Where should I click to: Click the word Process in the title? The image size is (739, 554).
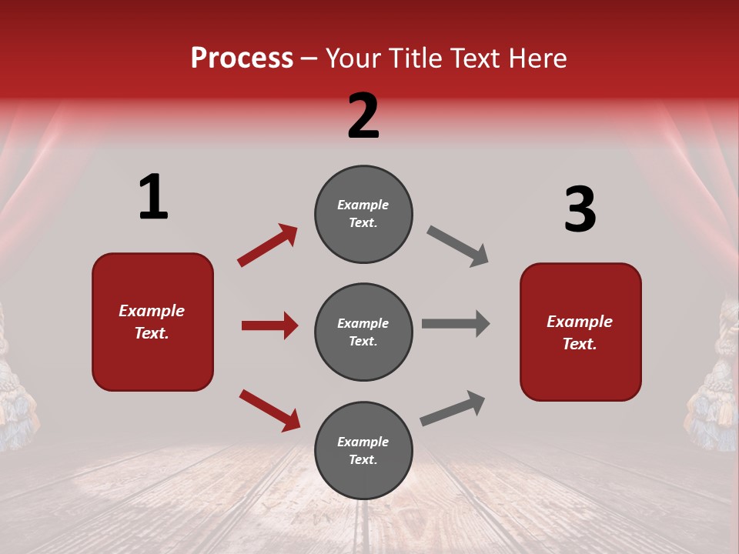[242, 58]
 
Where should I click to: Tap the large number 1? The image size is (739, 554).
[153, 198]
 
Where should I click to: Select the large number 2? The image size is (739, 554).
[363, 116]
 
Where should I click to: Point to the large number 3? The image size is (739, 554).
[580, 209]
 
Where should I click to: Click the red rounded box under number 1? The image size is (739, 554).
[152, 322]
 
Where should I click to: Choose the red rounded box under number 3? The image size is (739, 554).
[580, 332]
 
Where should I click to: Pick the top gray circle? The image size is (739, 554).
[363, 214]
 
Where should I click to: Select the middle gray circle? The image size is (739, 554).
[363, 332]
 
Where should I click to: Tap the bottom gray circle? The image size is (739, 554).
[363, 450]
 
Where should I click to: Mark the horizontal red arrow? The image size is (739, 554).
[269, 325]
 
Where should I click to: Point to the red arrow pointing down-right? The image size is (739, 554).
[269, 410]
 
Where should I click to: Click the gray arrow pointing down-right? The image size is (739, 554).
[458, 246]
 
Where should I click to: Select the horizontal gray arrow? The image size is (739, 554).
[456, 323]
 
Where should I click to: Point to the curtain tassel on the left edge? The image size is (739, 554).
[14, 385]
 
